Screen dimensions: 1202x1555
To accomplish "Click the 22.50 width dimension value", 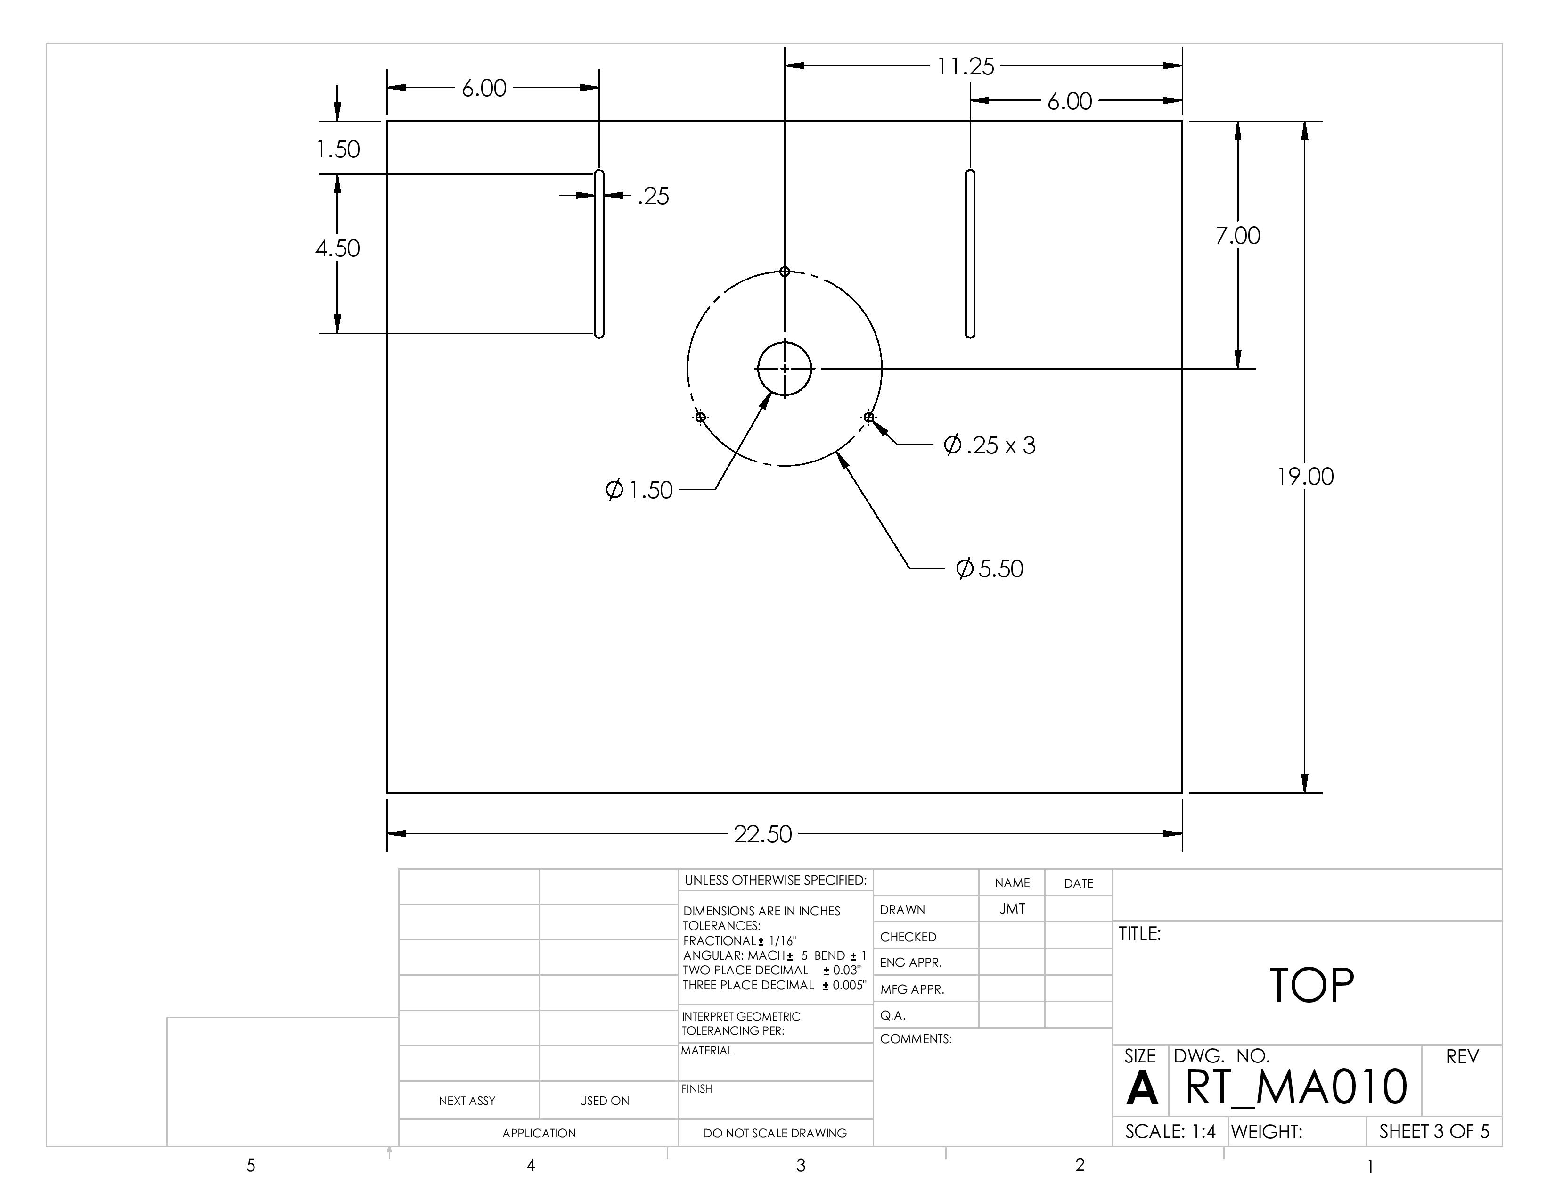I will (x=762, y=834).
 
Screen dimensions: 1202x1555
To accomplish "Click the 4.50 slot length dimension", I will (x=337, y=248).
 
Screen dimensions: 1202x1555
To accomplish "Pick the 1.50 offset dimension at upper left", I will (x=337, y=149).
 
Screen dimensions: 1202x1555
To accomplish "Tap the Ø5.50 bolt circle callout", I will (x=989, y=568).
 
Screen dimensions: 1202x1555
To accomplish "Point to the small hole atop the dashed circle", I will (x=785, y=272).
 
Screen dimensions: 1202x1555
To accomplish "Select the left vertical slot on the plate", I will (x=599, y=254).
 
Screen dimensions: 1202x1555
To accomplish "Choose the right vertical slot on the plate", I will (x=970, y=254).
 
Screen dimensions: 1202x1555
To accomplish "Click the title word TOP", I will (x=1311, y=986).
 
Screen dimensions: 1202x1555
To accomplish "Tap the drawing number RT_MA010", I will (x=1296, y=1087).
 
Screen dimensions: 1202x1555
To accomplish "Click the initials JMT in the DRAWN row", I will (x=1012, y=909).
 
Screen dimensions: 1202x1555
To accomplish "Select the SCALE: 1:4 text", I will (x=1170, y=1131).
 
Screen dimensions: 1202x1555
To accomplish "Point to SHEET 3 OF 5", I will (x=1433, y=1131).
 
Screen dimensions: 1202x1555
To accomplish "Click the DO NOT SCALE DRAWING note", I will (x=775, y=1133).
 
